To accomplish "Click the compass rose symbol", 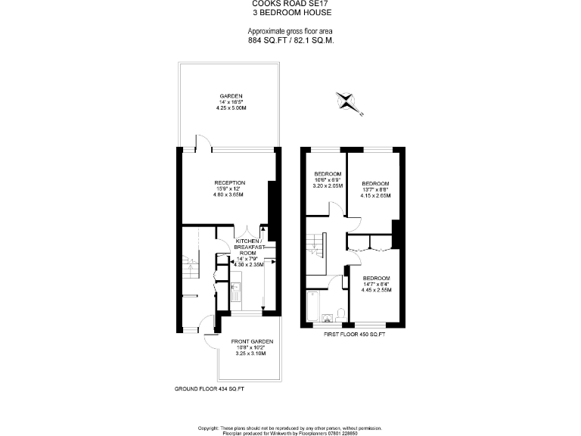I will (x=347, y=101).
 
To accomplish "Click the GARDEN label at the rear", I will (x=231, y=96).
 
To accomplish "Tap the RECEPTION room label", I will (x=229, y=182).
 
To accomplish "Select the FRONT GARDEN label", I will (x=251, y=341).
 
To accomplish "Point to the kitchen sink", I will (x=235, y=288).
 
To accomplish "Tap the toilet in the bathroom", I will (x=341, y=314).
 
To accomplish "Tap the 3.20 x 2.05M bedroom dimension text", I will (x=329, y=185).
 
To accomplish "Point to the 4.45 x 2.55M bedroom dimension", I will (x=376, y=289).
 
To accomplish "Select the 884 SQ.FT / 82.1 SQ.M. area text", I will (x=291, y=39).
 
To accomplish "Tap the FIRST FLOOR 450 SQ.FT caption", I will (x=354, y=334).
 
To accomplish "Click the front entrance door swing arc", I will (x=209, y=340).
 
